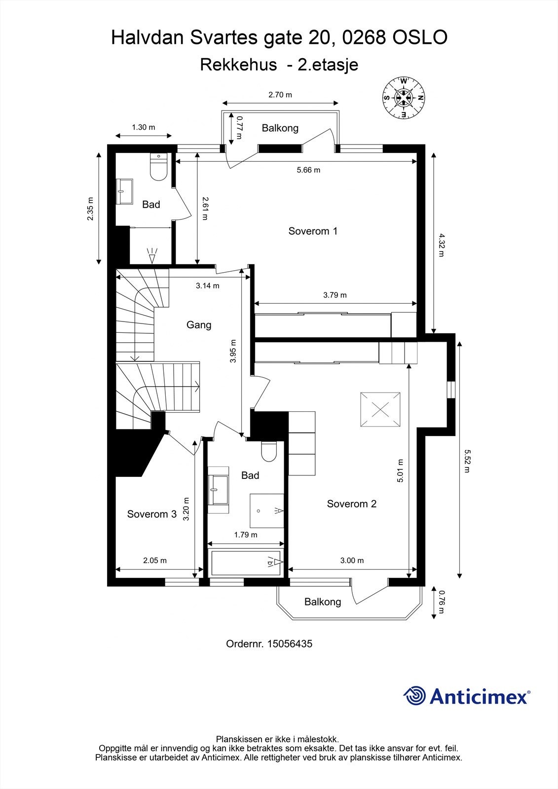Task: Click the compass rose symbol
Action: click(404, 98)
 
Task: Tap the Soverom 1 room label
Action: click(313, 231)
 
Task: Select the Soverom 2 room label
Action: click(351, 503)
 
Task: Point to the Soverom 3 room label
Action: click(151, 514)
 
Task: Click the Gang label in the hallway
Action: click(199, 324)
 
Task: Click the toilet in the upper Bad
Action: click(159, 168)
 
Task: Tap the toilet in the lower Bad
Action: click(269, 451)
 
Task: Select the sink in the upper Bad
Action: click(124, 191)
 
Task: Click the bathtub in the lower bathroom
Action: click(246, 563)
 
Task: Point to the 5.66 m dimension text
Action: click(308, 170)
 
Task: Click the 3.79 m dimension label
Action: click(335, 295)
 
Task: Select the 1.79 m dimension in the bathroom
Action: click(246, 535)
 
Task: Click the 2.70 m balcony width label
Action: click(280, 95)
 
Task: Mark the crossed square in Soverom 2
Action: click(380, 409)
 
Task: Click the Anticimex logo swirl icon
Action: click(414, 696)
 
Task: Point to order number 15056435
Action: click(290, 644)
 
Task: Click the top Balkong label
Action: click(280, 128)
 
